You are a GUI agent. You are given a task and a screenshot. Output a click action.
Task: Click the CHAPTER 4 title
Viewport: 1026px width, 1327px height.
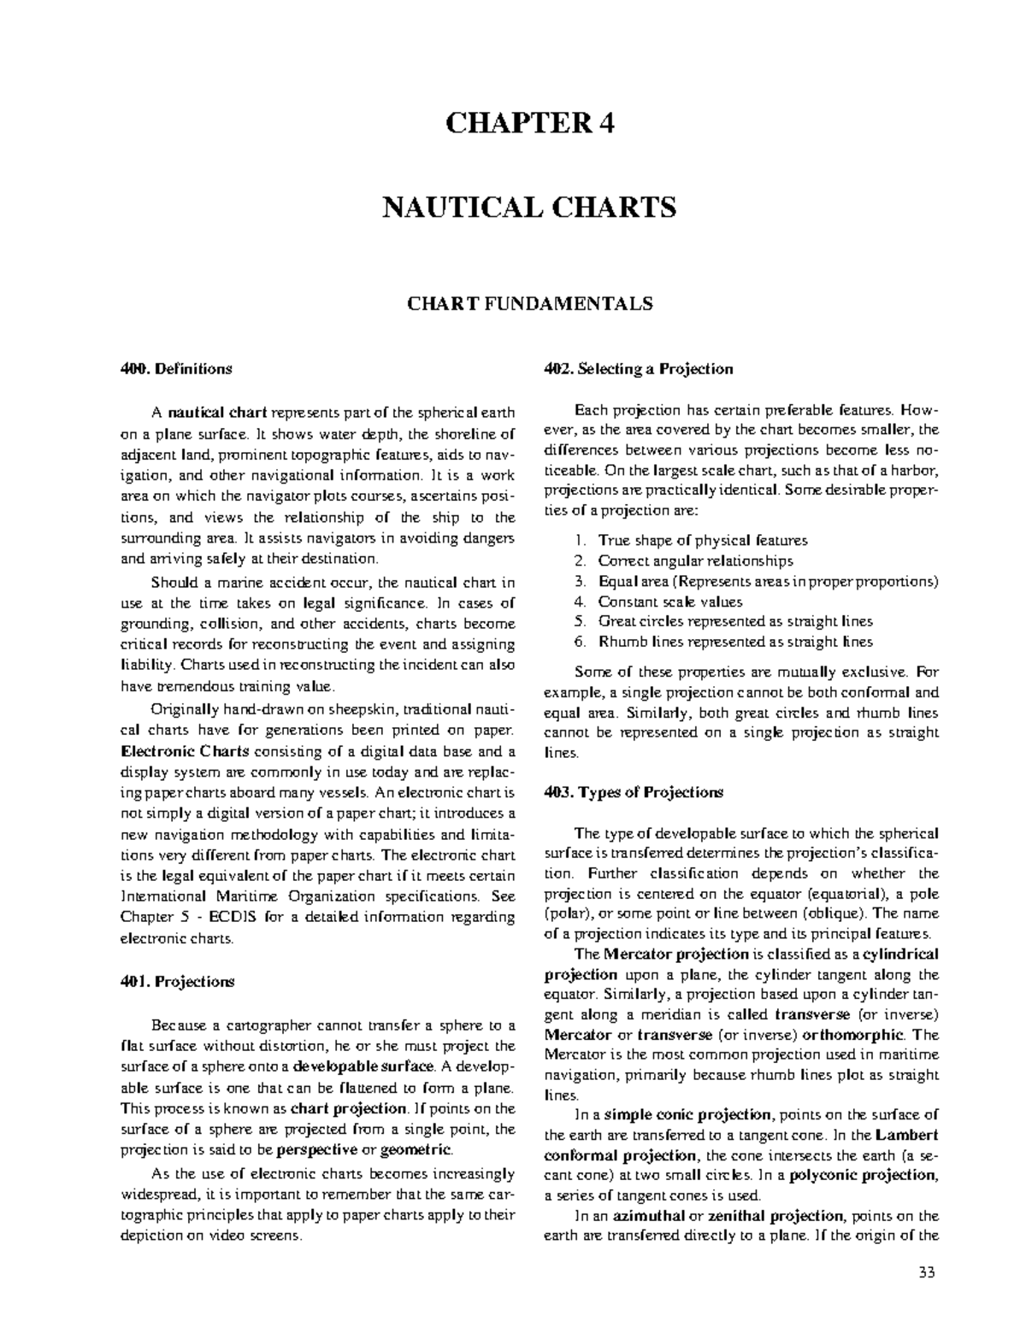[x=529, y=124]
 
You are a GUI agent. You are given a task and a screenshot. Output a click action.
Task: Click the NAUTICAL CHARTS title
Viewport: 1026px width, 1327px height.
[x=529, y=207]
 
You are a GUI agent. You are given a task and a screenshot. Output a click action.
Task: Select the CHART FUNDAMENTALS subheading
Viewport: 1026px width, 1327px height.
[x=529, y=303]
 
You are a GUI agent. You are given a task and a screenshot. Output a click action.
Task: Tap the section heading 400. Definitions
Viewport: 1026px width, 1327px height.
[x=175, y=369]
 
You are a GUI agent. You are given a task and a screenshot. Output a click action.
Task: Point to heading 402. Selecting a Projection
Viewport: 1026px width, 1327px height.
[x=639, y=369]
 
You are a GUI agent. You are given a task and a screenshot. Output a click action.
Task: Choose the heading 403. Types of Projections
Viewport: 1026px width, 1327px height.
[x=634, y=792]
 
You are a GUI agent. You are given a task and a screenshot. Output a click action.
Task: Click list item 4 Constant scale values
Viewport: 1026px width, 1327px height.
[x=670, y=602]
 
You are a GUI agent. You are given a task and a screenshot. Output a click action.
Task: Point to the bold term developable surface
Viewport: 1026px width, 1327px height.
[x=358, y=1067]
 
